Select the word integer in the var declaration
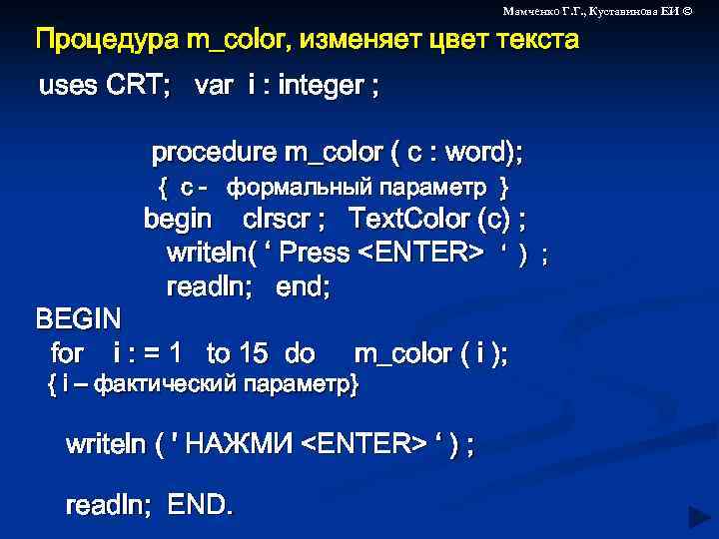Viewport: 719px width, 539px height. point(322,86)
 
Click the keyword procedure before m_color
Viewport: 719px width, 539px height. point(214,153)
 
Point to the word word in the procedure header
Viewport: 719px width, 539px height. point(475,153)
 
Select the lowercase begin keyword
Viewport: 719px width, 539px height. point(178,218)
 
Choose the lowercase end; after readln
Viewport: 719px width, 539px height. point(303,287)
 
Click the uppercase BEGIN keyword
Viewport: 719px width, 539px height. point(79,319)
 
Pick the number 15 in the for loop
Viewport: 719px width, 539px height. point(254,352)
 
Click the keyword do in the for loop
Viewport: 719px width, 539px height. point(300,352)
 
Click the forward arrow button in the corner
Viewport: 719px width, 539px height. point(698,516)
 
